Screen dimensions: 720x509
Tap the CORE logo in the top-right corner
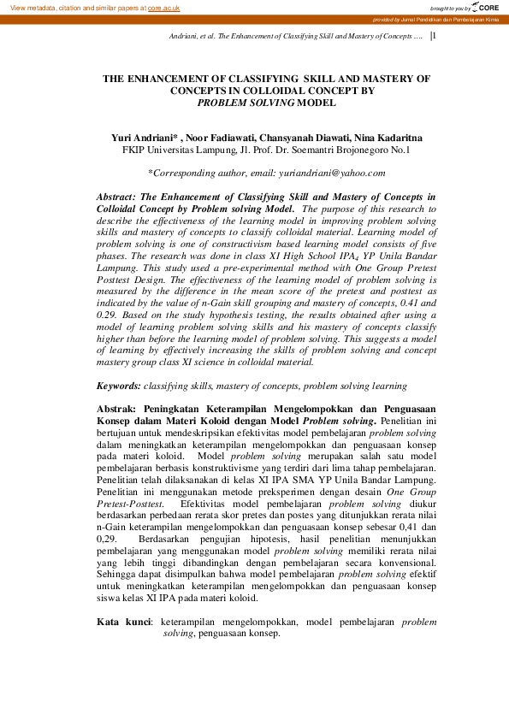484,7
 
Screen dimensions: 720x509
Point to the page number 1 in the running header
435,37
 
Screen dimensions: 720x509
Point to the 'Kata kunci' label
123,622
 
